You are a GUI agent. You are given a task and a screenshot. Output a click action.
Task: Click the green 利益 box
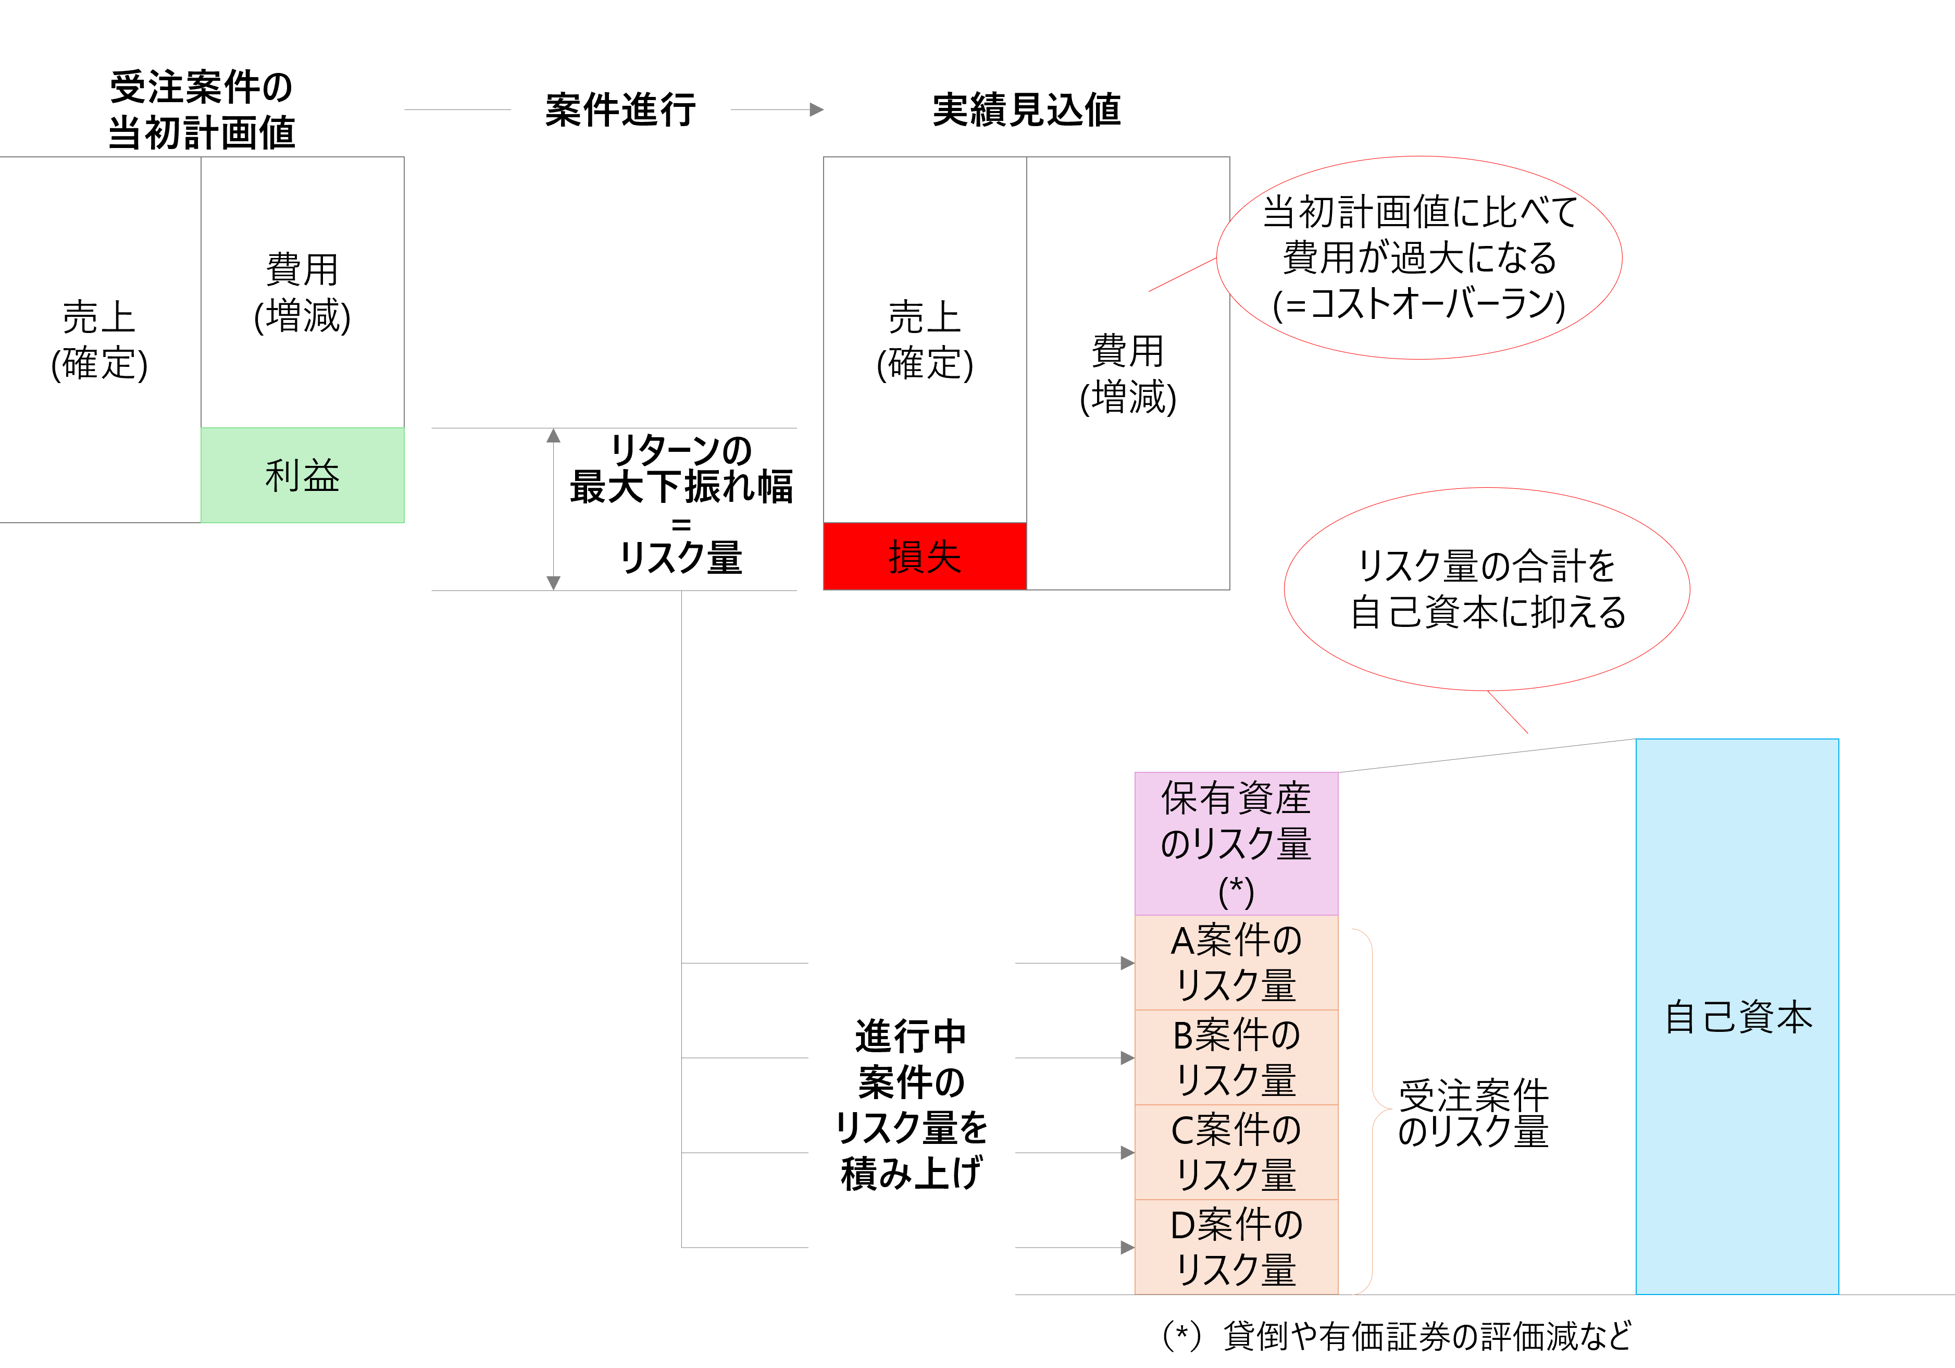coord(302,474)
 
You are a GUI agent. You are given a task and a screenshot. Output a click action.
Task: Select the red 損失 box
coord(925,556)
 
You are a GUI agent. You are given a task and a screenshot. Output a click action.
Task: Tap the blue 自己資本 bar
coord(1737,1016)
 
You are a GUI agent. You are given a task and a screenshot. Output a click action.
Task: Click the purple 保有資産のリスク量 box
coord(1236,843)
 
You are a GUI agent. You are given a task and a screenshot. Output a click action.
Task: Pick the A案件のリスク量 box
coord(1236,963)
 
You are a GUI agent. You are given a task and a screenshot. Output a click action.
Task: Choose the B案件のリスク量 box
coord(1236,1057)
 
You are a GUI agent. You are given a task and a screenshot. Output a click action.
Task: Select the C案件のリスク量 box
coord(1236,1152)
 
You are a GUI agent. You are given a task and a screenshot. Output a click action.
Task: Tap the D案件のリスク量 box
coord(1236,1246)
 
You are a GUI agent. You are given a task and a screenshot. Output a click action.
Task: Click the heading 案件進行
coord(621,110)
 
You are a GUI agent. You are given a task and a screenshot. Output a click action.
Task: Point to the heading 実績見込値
coord(1026,110)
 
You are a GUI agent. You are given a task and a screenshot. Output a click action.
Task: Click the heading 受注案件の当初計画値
coord(202,110)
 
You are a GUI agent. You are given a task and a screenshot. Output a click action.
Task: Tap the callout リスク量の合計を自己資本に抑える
coord(1487,588)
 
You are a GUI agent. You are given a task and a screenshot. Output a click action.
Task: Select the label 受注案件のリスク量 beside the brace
coord(1473,1113)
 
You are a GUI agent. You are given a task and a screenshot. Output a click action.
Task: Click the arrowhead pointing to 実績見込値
coord(817,110)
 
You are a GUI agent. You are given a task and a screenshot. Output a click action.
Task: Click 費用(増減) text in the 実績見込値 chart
coord(1128,373)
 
